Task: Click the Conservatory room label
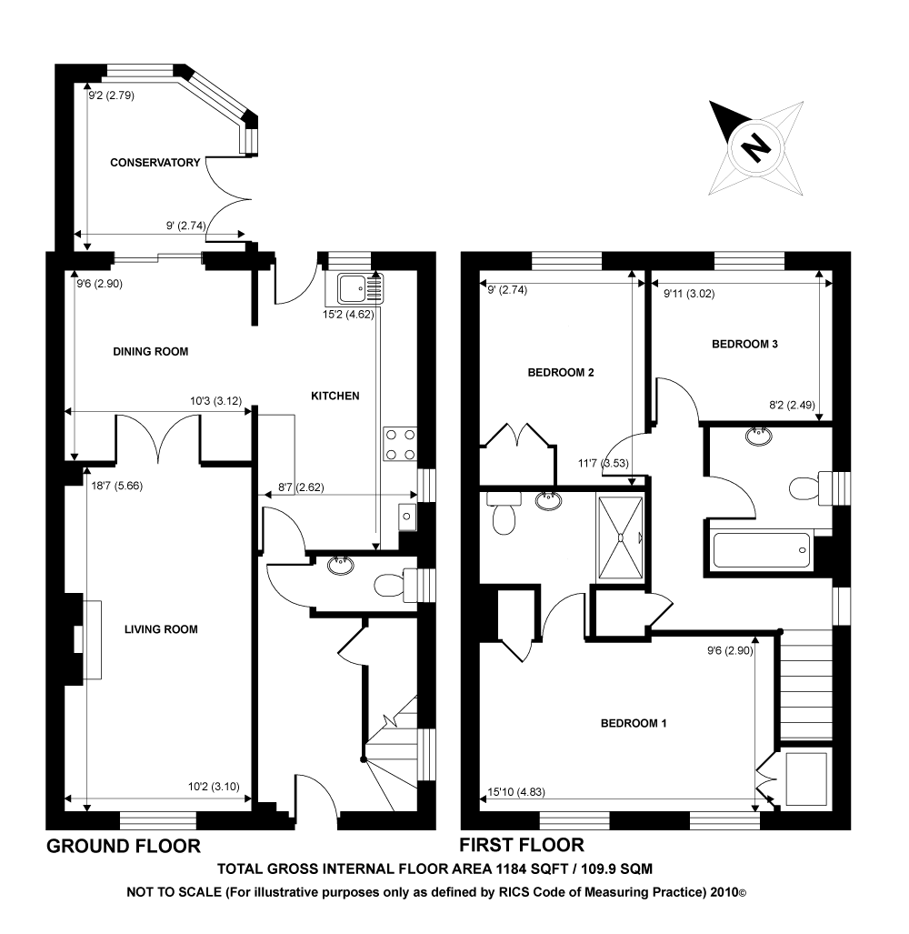155,163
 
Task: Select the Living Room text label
161,628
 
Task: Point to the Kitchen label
335,396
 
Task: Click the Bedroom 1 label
634,724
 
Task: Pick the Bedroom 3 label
744,345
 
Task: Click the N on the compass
754,146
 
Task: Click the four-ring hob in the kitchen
400,444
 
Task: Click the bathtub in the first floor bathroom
762,550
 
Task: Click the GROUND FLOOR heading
124,847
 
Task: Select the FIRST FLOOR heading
522,845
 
